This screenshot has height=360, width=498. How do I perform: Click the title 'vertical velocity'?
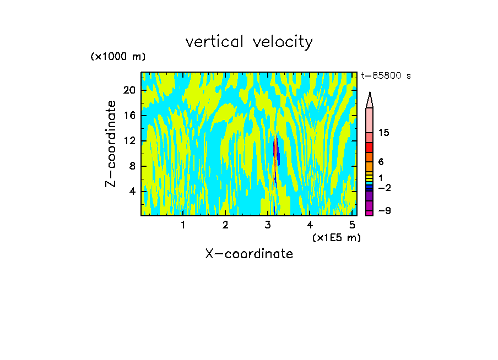point(249,42)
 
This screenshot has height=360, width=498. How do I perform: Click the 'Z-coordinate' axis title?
point(111,144)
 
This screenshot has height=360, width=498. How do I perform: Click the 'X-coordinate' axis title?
point(249,254)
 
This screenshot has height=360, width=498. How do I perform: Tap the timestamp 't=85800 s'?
point(386,76)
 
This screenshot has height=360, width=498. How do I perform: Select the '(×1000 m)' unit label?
point(118,57)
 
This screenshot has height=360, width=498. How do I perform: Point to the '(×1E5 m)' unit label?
point(336,237)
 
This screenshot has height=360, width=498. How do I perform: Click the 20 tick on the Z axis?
point(129,90)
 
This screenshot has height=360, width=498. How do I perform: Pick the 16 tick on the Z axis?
point(129,116)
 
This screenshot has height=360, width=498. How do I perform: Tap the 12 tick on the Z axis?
point(129,141)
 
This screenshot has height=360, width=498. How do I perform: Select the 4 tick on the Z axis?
point(132,191)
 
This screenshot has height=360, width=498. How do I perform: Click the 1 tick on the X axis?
point(183,225)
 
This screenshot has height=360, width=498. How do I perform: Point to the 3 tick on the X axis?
point(268,225)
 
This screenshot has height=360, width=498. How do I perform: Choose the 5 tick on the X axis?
point(352,225)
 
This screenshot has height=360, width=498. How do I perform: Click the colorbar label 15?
point(384,133)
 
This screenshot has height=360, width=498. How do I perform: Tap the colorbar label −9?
point(384,211)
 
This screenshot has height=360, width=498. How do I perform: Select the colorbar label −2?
point(384,188)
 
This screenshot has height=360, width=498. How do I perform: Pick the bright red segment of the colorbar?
point(370,148)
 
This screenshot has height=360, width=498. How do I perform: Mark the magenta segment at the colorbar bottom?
point(370,212)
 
